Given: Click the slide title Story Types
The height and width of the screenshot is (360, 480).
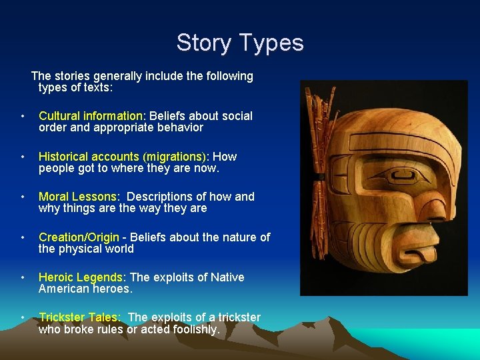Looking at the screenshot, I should point(240,43).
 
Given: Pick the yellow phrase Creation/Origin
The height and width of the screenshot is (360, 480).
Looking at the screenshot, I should point(79,237).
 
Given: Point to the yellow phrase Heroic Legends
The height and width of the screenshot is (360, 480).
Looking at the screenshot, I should point(82,277).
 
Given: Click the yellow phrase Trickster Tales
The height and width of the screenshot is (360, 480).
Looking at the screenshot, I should point(79,317).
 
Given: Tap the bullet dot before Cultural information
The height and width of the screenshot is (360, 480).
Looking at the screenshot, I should point(23,117).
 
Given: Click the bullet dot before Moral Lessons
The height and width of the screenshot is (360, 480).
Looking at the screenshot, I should point(23,197).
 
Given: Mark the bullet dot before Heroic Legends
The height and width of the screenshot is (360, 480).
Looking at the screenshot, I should point(23,278).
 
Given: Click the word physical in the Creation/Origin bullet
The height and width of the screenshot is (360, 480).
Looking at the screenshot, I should point(83,249).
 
